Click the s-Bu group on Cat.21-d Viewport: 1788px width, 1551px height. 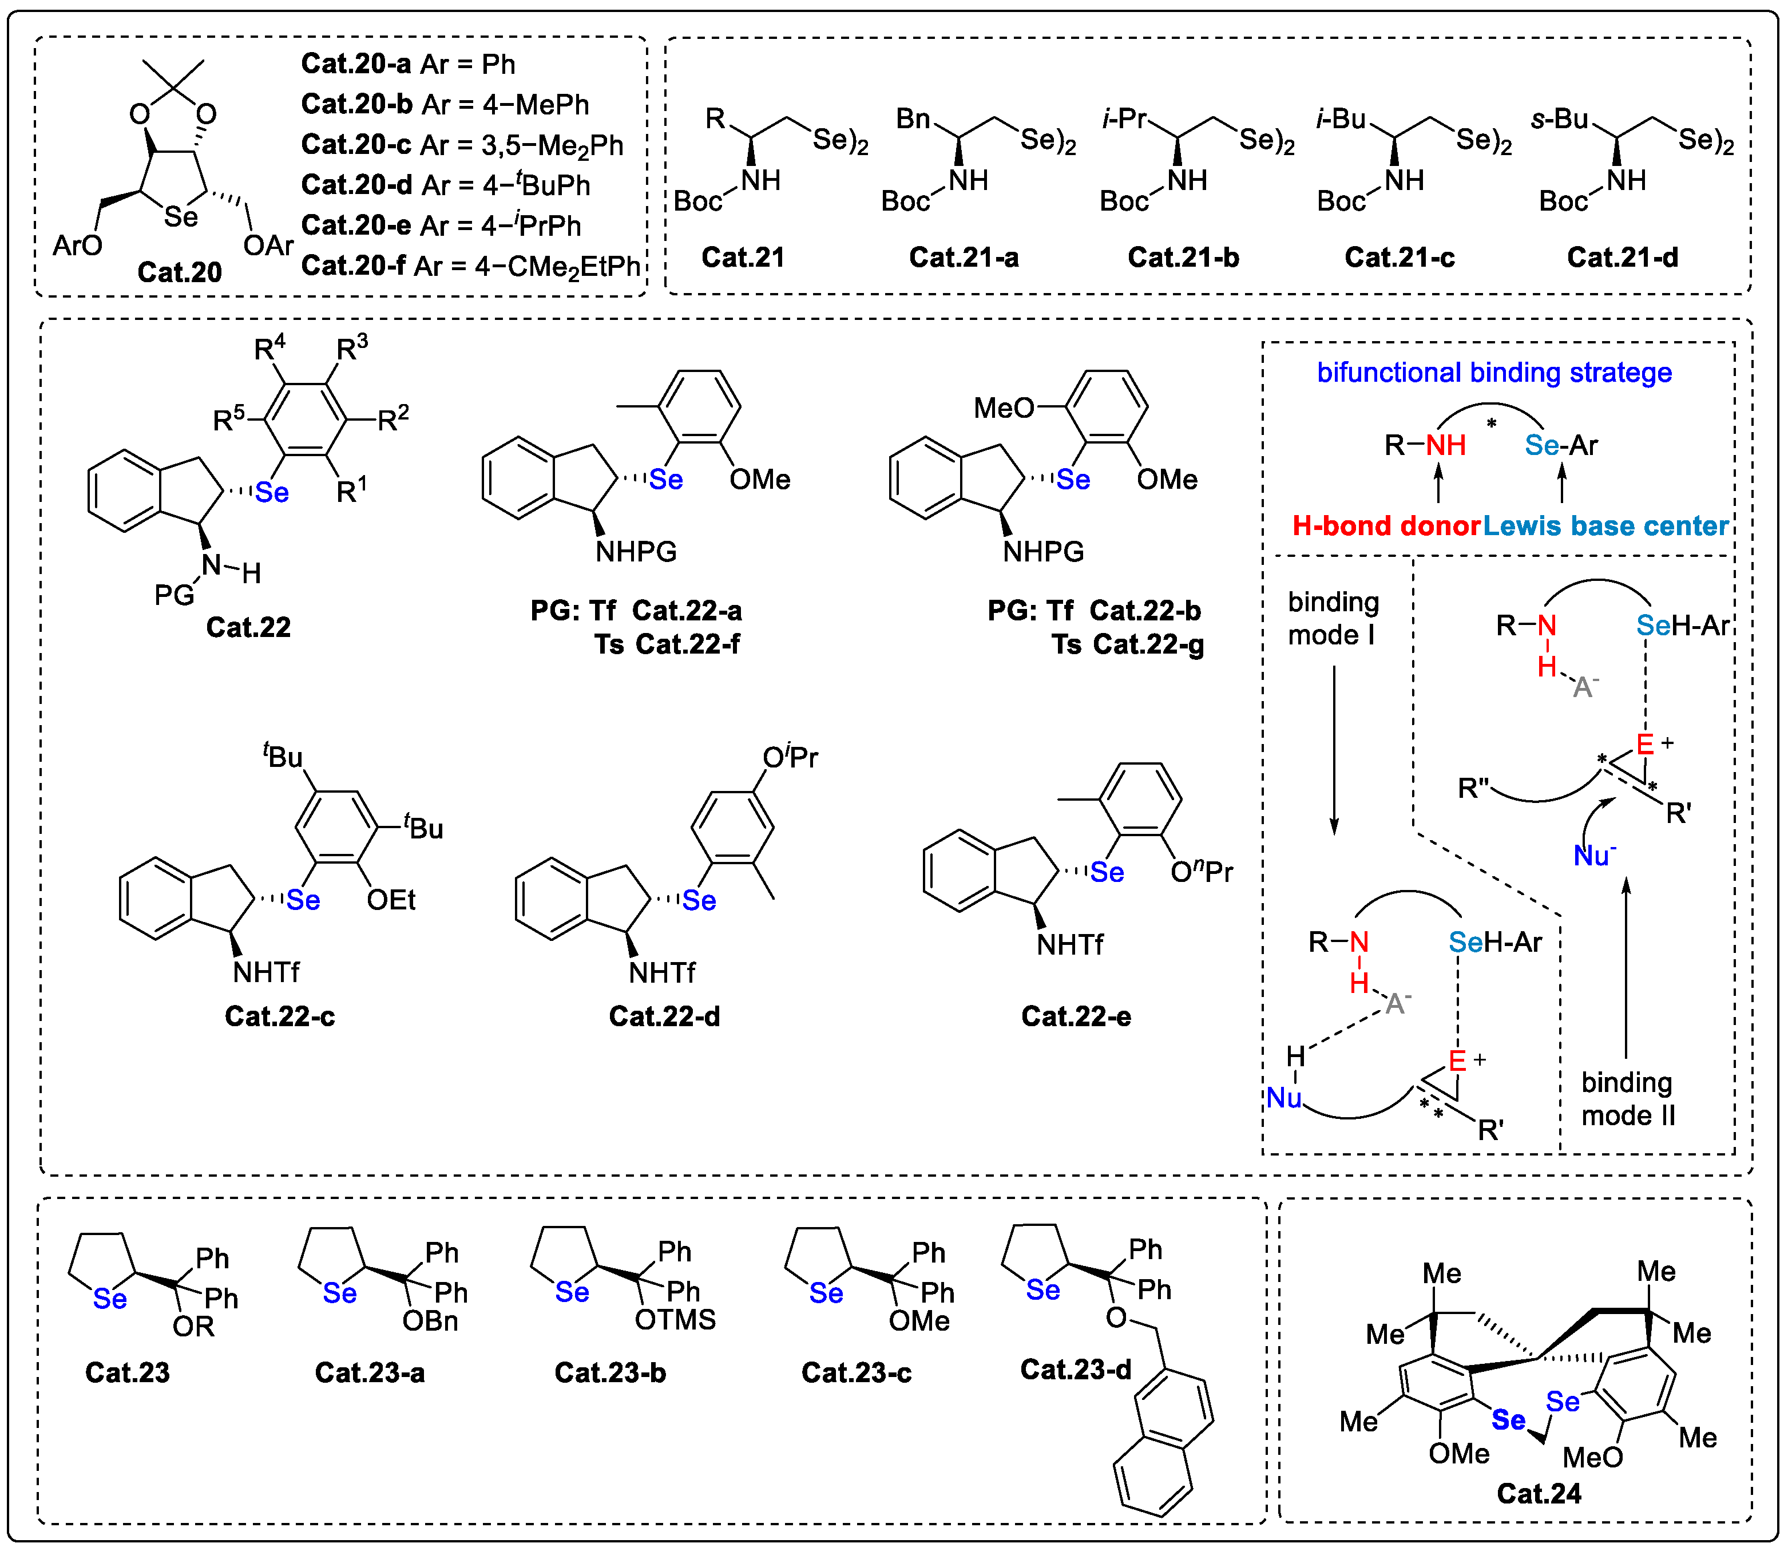tap(1560, 118)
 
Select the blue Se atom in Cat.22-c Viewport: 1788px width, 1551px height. tap(303, 900)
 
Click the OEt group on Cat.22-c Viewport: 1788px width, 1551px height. tap(390, 900)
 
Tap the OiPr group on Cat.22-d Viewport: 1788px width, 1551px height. tap(789, 758)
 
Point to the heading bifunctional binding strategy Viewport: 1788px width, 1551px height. tap(1494, 372)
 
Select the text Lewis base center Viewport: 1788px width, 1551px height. tap(1605, 525)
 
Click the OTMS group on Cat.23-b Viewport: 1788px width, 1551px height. tap(675, 1320)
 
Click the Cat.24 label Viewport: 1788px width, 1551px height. tap(1538, 1493)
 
